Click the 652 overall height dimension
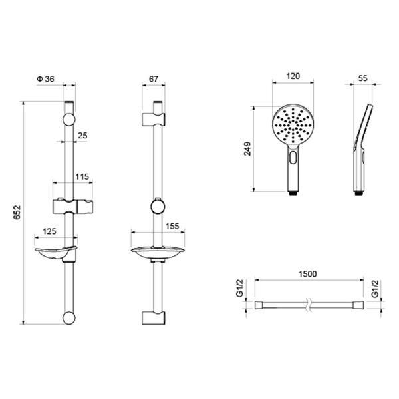[17, 213]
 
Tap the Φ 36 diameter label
[46, 79]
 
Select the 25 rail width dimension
[82, 136]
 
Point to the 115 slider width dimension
[82, 176]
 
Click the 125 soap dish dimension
[49, 231]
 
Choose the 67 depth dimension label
[154, 79]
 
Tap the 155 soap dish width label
[172, 226]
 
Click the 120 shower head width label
[293, 76]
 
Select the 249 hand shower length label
[247, 148]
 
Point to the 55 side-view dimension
[363, 78]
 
